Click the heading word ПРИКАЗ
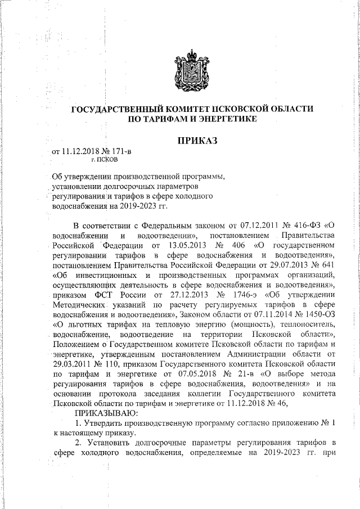[197, 139]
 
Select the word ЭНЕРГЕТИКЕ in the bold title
[227, 119]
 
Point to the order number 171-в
[122, 151]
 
